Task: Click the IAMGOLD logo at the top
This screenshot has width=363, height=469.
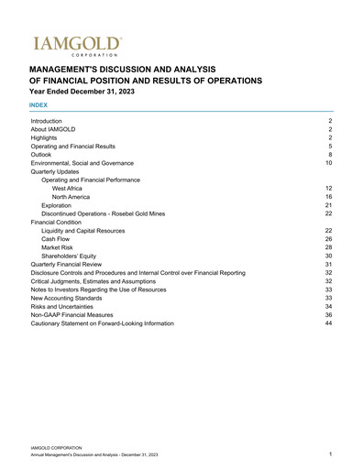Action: click(76, 44)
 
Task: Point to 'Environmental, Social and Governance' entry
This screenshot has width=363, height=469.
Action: click(88, 163)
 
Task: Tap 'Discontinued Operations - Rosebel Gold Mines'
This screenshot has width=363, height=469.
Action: click(104, 213)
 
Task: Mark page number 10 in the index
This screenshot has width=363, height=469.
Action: click(328, 163)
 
